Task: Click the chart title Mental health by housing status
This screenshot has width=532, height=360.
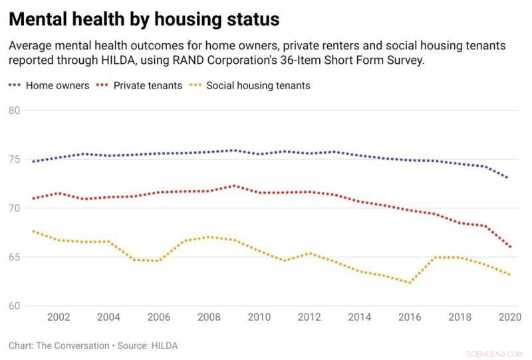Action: point(144,20)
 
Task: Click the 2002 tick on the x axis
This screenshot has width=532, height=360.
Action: point(59,317)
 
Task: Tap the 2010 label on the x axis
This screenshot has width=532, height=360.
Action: point(259,317)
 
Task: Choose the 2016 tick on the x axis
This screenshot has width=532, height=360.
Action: point(410,317)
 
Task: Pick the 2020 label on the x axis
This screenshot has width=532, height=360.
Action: point(509,317)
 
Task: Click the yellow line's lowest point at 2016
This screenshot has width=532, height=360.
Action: point(410,283)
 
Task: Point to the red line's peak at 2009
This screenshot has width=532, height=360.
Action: point(233,186)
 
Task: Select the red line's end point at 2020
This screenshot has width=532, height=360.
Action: point(509,247)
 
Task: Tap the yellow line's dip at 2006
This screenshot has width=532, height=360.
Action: point(158,261)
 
